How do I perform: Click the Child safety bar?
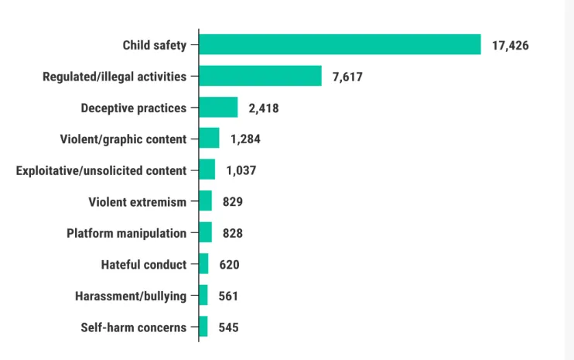pos(340,45)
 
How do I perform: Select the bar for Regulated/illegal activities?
pos(260,76)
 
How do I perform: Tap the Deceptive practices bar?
pos(218,108)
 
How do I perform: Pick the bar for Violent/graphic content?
pos(209,139)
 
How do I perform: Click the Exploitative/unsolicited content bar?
pos(207,170)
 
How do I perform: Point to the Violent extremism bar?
pos(205,201)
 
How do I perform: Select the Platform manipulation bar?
pos(205,232)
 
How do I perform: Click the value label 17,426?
pos(510,46)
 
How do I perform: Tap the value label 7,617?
pos(347,77)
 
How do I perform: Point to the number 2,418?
pos(263,108)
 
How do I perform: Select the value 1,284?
pos(245,139)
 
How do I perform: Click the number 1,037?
pos(241,170)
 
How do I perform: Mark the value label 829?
pos(233,202)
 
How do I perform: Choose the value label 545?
pos(228,327)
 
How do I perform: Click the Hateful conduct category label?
pos(143,265)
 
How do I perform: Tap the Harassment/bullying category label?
pos(130,296)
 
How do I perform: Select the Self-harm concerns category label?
pos(133,327)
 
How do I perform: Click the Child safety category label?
pos(154,45)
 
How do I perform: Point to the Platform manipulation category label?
pos(126,233)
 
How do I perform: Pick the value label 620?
pos(229,265)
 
